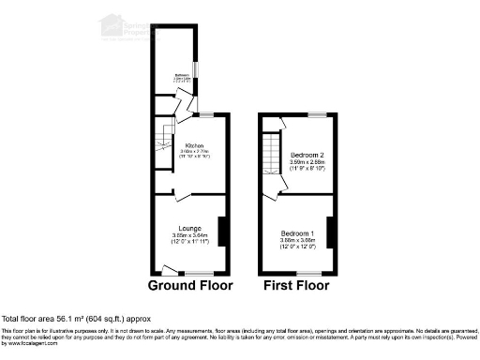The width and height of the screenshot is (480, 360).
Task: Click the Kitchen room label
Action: click(195, 146)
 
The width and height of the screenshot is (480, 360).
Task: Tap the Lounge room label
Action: click(190, 228)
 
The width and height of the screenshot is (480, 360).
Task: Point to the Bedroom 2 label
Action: click(307, 154)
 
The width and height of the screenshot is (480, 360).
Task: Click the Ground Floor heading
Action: click(190, 285)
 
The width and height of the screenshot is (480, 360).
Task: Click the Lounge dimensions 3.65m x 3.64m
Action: click(190, 234)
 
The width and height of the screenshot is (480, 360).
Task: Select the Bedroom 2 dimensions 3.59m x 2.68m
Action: click(307, 161)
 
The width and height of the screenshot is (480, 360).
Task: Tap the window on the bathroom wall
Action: click(194, 72)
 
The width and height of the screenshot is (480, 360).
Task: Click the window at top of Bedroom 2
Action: click(317, 113)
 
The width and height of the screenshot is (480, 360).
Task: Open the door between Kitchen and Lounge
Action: click(179, 195)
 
